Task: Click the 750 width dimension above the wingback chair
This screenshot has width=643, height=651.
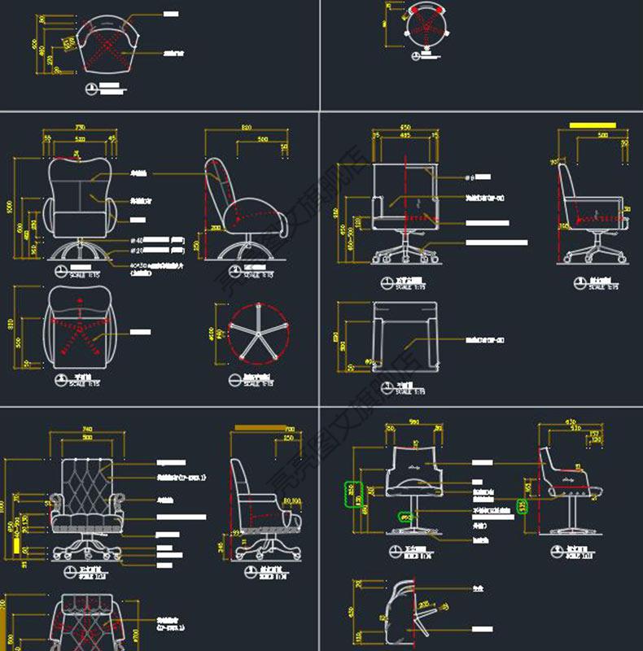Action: click(80, 128)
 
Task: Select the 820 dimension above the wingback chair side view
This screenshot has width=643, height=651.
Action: click(246, 128)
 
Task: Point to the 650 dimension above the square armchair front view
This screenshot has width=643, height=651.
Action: click(405, 128)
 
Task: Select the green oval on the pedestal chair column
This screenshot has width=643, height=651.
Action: click(405, 516)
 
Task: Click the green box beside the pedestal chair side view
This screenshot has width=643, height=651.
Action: click(523, 506)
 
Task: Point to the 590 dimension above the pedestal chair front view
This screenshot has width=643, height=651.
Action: click(413, 422)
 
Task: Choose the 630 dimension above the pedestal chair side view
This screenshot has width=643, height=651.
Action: click(571, 422)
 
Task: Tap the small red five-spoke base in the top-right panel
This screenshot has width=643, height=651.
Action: click(424, 30)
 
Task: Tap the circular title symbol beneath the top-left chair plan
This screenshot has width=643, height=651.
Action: click(92, 88)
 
